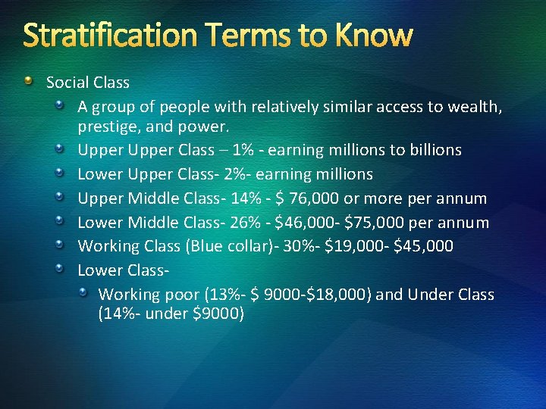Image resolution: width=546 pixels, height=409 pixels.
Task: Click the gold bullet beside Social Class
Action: pyautogui.click(x=28, y=80)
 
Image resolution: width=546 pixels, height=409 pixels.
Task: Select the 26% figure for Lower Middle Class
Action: pyautogui.click(x=247, y=223)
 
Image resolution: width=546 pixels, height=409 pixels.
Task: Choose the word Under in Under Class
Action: pyautogui.click(x=430, y=295)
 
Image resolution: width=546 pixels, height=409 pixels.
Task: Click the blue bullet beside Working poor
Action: pyautogui.click(x=87, y=292)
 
